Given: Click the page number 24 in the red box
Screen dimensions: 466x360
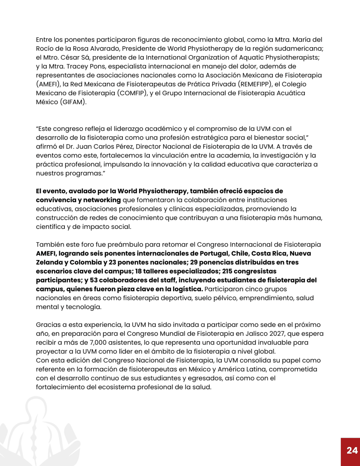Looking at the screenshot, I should pos(352,450).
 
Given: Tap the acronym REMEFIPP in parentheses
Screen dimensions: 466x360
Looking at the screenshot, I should pos(255,84).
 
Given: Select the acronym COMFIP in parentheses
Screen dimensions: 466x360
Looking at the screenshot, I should pos(132,93).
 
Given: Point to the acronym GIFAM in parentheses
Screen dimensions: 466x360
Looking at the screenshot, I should pos(73,102).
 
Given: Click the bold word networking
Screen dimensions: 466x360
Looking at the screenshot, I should pos(102,200).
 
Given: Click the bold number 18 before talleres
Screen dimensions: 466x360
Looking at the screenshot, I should pos(138,271).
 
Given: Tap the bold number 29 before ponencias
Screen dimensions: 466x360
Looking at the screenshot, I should pos(194,262).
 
